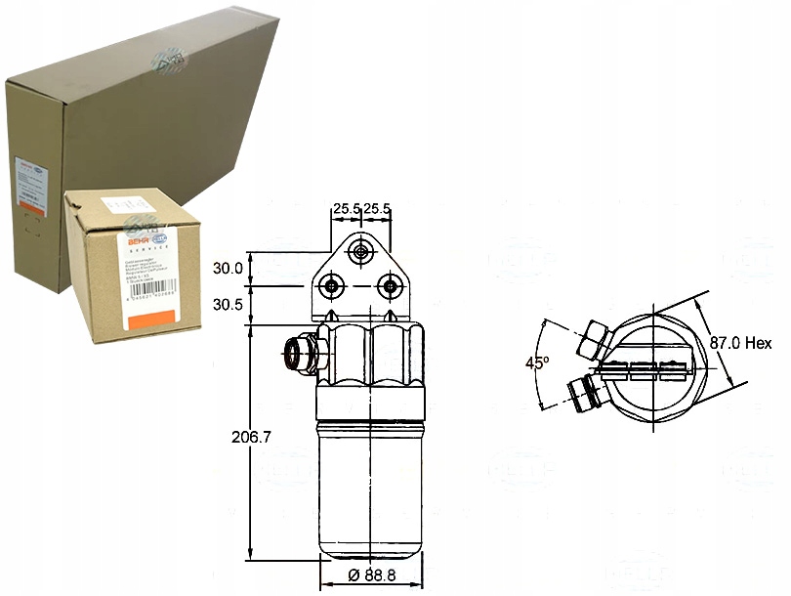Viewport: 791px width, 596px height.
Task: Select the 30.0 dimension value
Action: [x=227, y=268]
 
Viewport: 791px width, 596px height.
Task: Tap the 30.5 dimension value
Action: [x=228, y=304]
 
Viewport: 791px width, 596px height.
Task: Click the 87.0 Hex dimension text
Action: [x=740, y=343]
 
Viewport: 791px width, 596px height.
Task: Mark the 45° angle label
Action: [x=537, y=362]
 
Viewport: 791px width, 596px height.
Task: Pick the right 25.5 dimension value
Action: [x=377, y=208]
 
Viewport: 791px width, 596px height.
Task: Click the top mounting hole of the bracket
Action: [x=362, y=253]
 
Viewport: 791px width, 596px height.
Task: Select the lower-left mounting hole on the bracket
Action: [x=333, y=285]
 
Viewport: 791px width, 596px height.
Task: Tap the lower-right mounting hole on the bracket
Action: [x=391, y=285]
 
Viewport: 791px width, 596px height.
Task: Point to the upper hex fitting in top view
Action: [x=594, y=338]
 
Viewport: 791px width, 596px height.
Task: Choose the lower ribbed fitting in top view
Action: [x=583, y=394]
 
